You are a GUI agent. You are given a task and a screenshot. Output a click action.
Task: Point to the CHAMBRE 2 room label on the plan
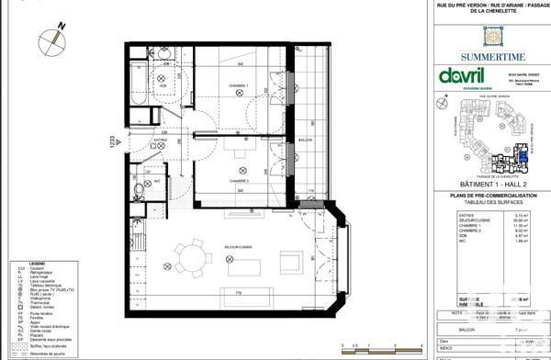tap(240, 156)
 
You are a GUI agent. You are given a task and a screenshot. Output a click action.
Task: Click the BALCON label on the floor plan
tap(306, 141)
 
